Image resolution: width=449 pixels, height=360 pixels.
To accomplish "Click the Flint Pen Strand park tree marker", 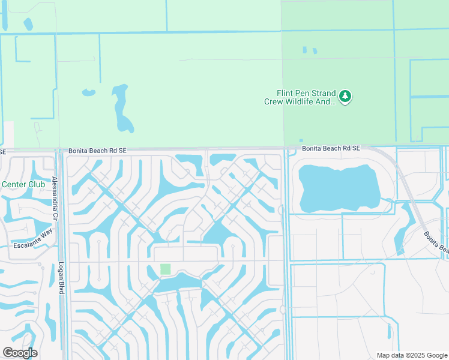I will (x=345, y=97).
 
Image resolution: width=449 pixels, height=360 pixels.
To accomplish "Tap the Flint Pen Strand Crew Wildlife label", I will (x=300, y=98).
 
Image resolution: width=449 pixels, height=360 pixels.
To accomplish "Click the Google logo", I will (x=20, y=352).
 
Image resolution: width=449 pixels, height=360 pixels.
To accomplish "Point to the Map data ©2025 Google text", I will (x=411, y=355).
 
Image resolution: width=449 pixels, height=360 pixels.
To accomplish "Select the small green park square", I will (x=165, y=269).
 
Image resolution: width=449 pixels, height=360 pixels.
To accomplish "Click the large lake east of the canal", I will (x=339, y=187).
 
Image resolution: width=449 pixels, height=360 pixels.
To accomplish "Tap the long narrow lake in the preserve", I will (x=121, y=108).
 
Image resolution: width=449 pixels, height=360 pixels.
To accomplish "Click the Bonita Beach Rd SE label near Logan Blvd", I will (x=96, y=151).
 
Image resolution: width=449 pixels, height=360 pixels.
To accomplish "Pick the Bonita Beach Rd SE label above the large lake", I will (x=330, y=148).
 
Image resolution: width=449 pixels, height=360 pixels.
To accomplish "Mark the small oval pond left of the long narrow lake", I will (x=88, y=93).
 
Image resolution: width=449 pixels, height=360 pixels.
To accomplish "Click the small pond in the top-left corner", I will (x=28, y=25).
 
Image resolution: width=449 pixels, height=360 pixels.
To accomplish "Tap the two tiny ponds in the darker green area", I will (x=309, y=50).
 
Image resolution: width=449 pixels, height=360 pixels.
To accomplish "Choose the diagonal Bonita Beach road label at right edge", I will (x=436, y=241).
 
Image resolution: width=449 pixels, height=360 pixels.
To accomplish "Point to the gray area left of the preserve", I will (x=6, y=135).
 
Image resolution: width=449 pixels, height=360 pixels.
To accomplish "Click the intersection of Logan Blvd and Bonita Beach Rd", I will (x=60, y=151).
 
